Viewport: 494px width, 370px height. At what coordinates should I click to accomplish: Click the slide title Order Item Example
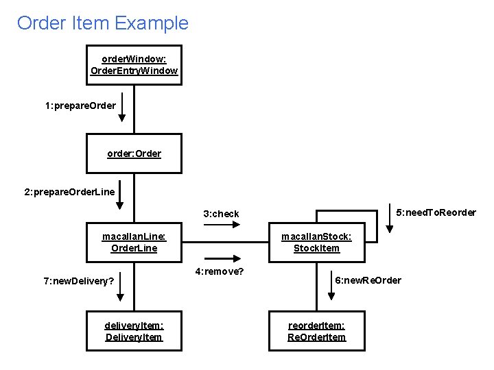[102, 23]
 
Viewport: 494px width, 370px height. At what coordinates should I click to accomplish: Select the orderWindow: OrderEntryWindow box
[134, 65]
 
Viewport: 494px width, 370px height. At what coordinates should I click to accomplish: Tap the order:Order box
[134, 153]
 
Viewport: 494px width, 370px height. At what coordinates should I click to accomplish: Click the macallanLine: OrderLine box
[134, 242]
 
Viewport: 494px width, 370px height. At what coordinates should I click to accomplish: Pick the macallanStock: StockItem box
[316, 242]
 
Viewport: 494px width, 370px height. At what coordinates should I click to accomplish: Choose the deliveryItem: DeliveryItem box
[134, 331]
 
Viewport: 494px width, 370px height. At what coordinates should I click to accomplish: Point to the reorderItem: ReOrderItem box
[316, 331]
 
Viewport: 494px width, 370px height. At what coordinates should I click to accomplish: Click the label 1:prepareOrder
[80, 106]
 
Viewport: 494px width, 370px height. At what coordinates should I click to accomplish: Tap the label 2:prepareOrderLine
[69, 193]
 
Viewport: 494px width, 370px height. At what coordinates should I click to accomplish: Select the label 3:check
[221, 214]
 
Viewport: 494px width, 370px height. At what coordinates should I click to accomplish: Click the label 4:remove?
[220, 271]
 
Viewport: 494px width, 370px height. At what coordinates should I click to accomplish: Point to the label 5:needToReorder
[436, 212]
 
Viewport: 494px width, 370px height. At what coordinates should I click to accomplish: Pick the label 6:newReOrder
[368, 280]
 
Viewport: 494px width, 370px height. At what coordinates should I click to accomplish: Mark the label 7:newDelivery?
[79, 281]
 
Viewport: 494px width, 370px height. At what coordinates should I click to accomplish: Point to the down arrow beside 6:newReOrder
[331, 287]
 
